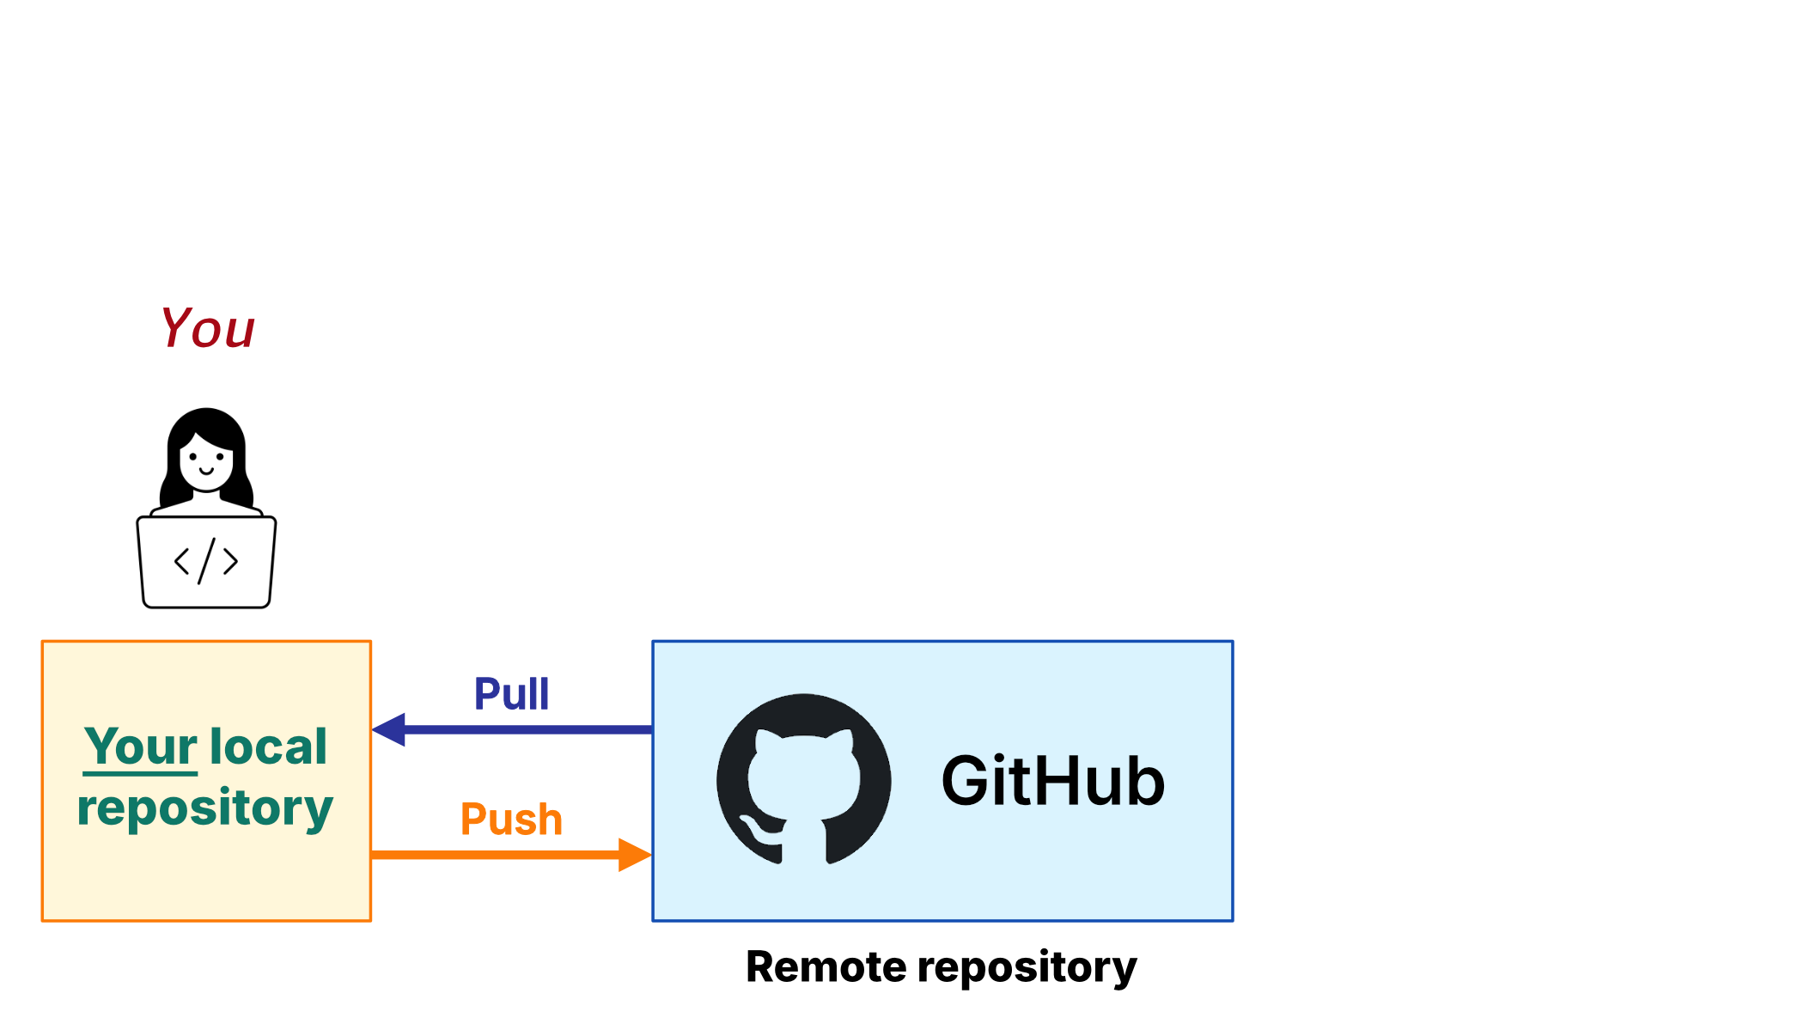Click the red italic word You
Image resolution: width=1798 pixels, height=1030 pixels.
tap(207, 328)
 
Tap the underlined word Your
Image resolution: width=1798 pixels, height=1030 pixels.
tap(141, 746)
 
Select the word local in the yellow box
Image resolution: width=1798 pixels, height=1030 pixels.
tap(268, 746)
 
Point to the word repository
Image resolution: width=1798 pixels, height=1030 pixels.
tap(204, 808)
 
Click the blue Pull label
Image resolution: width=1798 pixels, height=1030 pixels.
tap(511, 694)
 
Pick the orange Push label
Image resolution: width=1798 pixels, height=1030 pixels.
tap(511, 819)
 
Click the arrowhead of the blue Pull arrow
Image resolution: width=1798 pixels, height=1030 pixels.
tap(389, 730)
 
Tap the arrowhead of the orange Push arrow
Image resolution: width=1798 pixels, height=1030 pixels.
tap(635, 855)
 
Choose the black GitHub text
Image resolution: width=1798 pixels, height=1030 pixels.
tap(1053, 781)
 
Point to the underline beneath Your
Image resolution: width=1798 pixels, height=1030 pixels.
tap(141, 774)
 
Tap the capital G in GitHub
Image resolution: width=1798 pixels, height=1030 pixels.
tap(966, 781)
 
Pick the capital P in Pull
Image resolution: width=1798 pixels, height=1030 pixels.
tap(485, 694)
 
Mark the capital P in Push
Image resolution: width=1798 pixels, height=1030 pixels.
tap(472, 819)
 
